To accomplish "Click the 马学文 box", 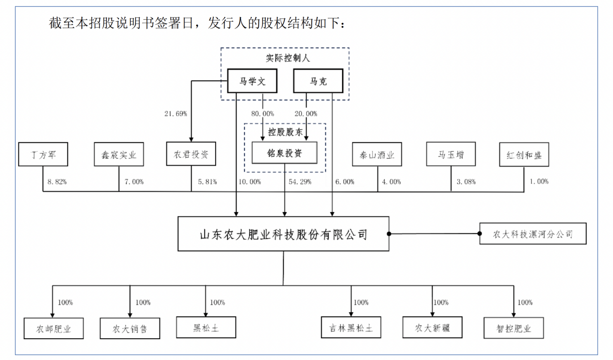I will click(x=253, y=81).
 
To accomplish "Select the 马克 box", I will click(x=318, y=81).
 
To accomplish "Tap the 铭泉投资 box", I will click(x=285, y=153).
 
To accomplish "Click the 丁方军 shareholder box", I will click(x=43, y=155).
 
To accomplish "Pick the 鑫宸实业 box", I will click(x=119, y=155).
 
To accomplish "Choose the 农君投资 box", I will click(x=191, y=155).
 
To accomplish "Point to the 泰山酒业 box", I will click(x=378, y=155).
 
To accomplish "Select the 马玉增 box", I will click(x=451, y=155).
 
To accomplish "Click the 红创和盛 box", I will click(x=524, y=155).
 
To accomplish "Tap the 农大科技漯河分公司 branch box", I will click(x=533, y=234).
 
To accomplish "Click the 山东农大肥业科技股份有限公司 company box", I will click(x=283, y=234).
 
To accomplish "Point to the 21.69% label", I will click(x=175, y=114).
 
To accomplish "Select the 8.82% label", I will click(x=57, y=182).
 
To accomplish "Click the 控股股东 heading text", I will click(x=285, y=132).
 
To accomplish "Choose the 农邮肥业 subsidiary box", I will click(x=54, y=329).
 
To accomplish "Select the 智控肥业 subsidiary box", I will click(x=513, y=329).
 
